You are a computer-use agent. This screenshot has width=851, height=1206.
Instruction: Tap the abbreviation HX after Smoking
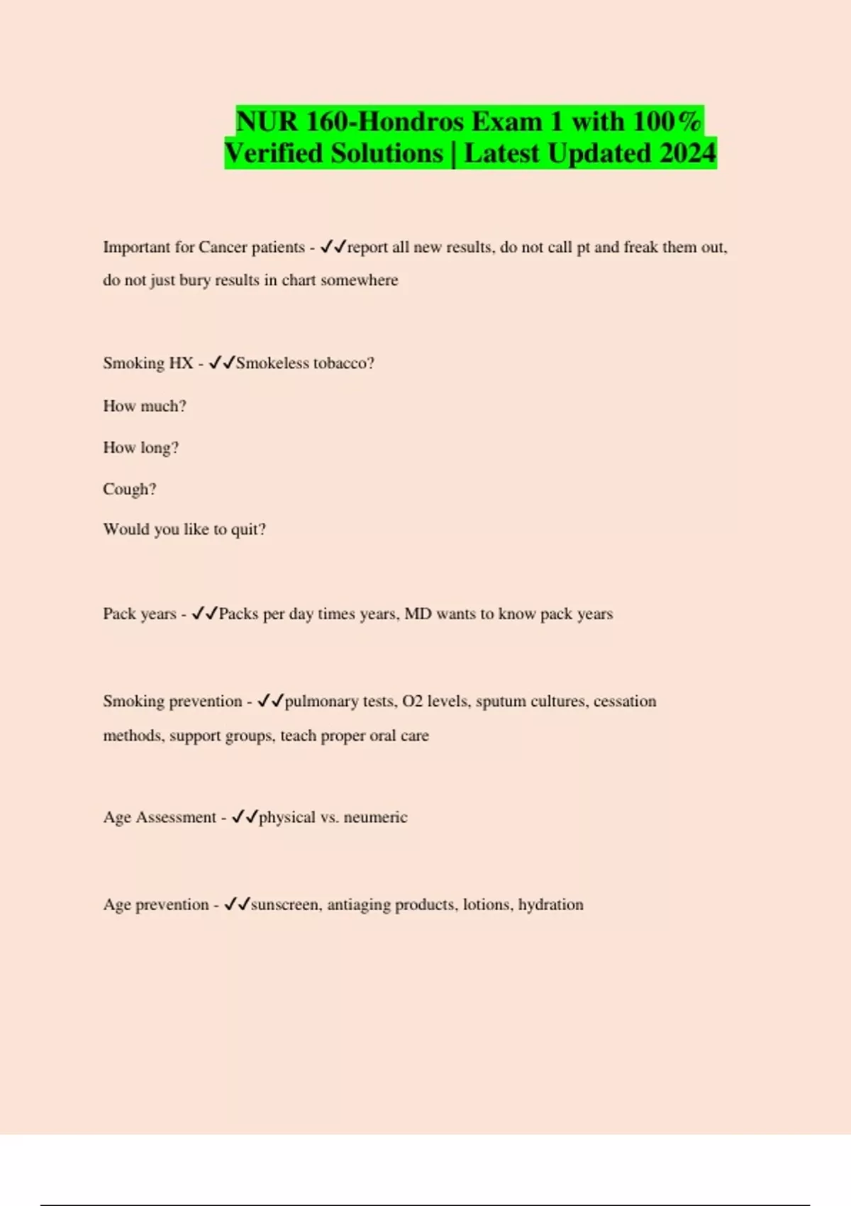coord(181,363)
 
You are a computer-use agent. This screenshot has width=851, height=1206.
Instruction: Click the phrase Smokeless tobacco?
coord(305,363)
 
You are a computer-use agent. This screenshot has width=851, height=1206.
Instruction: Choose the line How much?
coord(145,406)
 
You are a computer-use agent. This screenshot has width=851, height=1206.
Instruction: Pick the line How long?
coord(141,448)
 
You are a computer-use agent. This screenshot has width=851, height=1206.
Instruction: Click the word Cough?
coord(130,489)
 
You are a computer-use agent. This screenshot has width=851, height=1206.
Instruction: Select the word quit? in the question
coord(248,529)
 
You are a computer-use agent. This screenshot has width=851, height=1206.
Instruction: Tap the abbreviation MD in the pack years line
coord(418,614)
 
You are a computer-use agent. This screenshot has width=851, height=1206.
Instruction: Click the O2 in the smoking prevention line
coord(412,701)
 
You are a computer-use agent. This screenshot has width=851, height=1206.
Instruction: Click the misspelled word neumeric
coord(375,817)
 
